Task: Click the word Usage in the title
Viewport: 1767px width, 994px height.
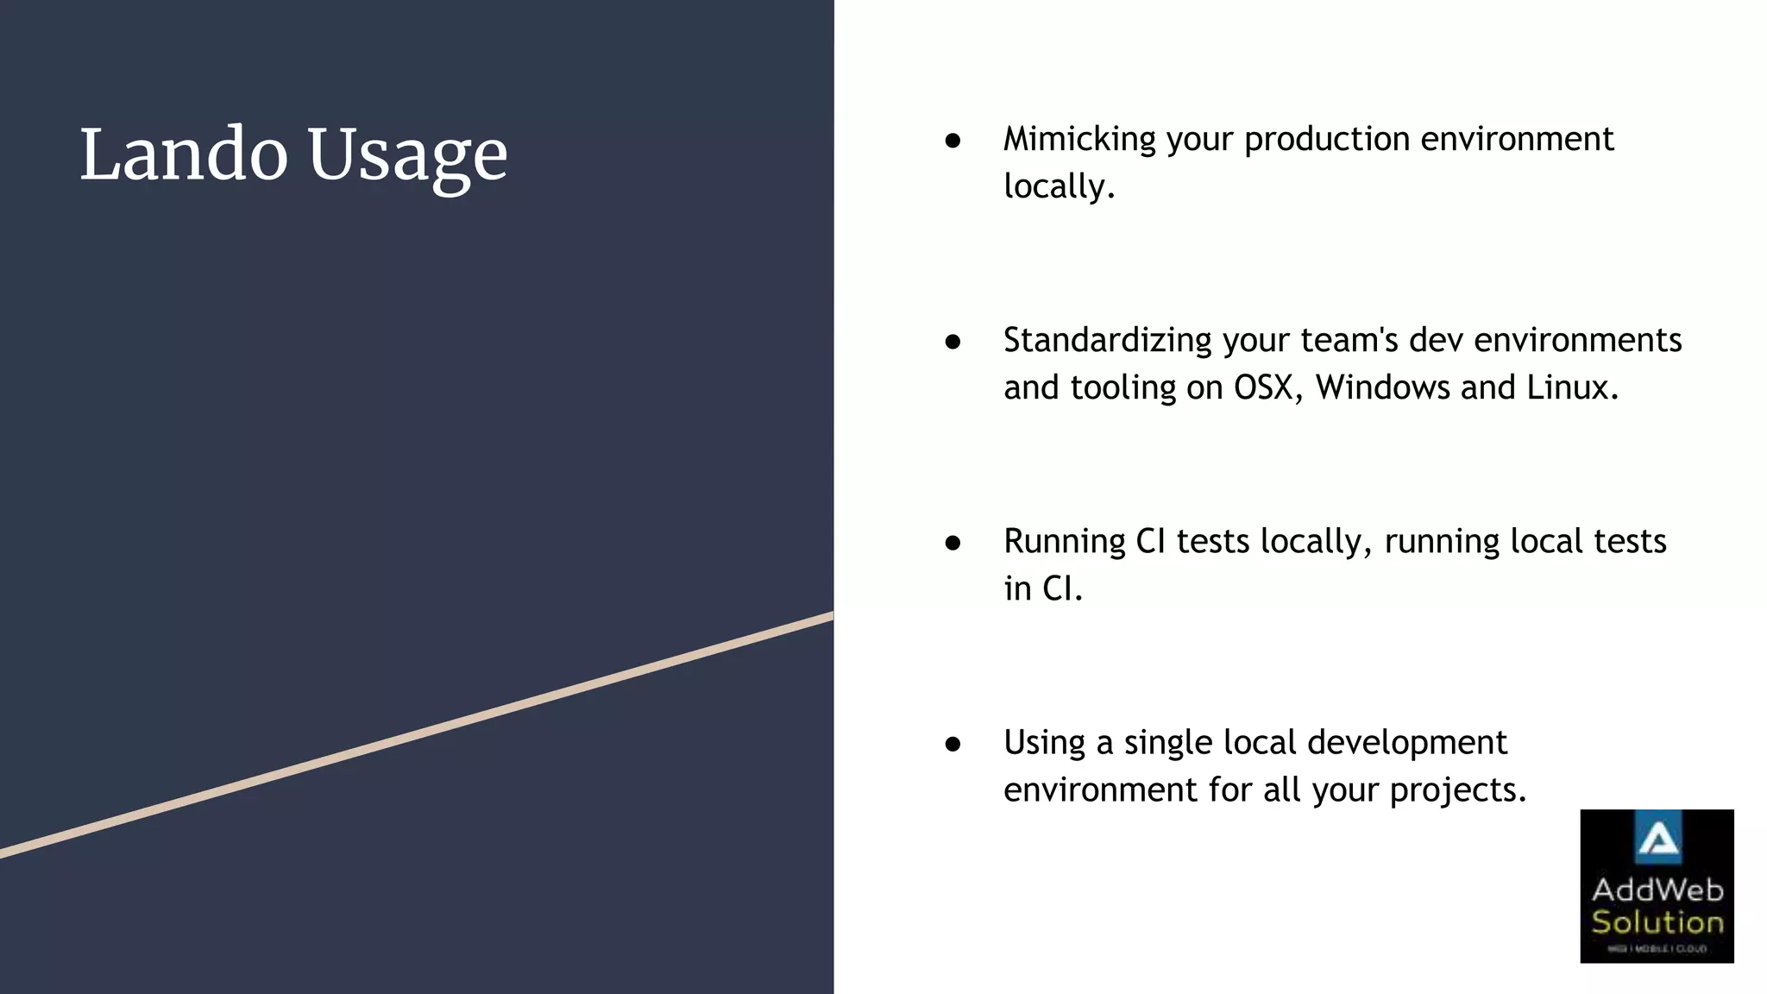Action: [x=407, y=157]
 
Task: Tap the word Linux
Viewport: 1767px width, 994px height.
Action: [x=1571, y=387]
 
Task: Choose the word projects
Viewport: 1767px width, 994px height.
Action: [x=1457, y=791]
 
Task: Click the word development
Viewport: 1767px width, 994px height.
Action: [x=1398, y=744]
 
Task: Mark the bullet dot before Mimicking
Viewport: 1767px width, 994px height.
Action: [x=953, y=141]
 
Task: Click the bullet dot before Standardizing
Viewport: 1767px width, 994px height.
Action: [x=953, y=342]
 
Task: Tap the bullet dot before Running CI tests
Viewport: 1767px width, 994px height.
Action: [x=953, y=543]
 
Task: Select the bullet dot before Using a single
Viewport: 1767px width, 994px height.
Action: [x=953, y=744]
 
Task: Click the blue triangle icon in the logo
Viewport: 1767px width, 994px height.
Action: [x=1657, y=838]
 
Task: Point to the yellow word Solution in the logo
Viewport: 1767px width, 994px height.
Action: [x=1657, y=922]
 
